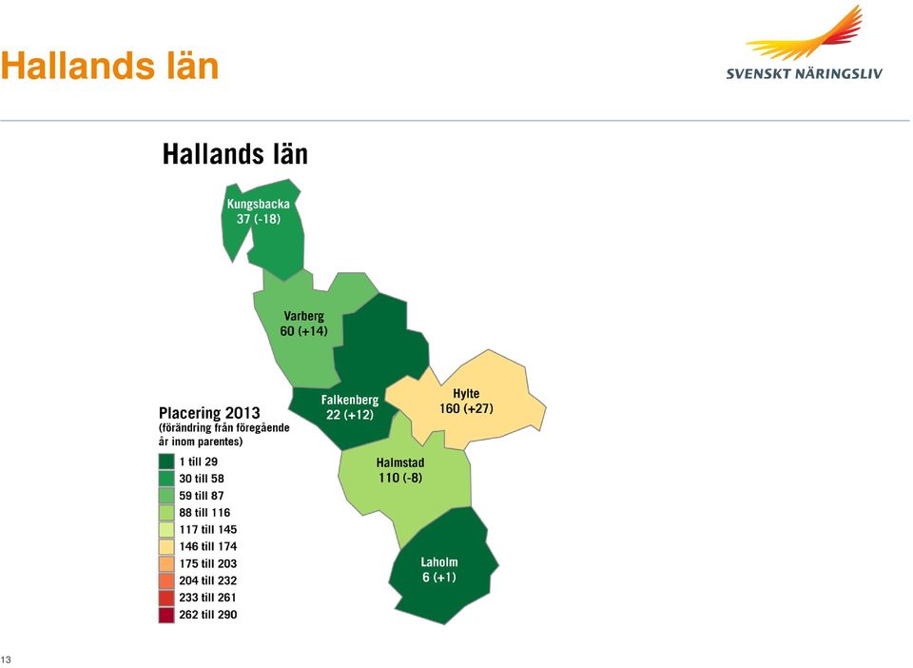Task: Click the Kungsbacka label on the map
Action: pos(258,204)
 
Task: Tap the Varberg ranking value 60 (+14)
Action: pos(304,331)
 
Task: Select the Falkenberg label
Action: pos(349,400)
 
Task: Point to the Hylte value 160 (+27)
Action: pos(466,408)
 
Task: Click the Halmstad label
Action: pos(400,463)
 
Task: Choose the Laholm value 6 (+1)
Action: pos(439,578)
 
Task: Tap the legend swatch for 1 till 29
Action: pos(166,462)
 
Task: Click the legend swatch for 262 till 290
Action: pos(166,615)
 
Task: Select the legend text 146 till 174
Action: pos(208,546)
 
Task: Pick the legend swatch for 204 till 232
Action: pos(166,580)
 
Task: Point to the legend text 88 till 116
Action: pos(204,513)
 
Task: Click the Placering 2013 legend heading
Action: pos(209,413)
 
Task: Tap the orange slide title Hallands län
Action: pos(110,66)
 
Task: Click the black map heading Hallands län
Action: pos(235,154)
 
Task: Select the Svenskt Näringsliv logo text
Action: pos(805,73)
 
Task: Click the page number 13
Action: pos(6,659)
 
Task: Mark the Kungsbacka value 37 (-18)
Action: pos(258,219)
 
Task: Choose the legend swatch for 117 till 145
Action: pos(166,529)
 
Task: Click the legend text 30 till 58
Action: pos(202,479)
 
